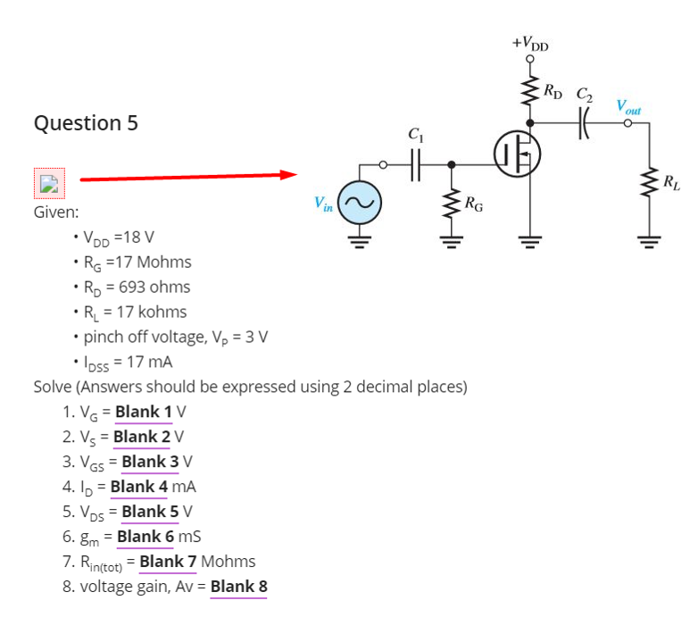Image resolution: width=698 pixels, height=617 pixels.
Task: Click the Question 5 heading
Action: click(86, 122)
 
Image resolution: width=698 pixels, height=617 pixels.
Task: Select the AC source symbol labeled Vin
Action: click(361, 204)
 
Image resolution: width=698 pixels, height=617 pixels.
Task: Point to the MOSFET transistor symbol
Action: click(518, 156)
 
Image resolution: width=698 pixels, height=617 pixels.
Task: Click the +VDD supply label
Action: click(531, 42)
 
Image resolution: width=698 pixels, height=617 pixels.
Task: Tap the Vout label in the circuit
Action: click(628, 108)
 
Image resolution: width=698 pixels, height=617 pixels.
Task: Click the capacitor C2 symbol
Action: click(586, 121)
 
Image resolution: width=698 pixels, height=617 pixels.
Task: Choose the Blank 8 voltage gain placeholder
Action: click(238, 587)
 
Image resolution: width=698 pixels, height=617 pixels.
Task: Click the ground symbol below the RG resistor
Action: click(453, 240)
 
